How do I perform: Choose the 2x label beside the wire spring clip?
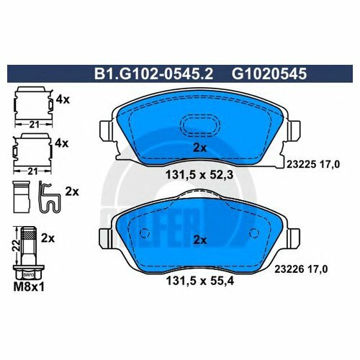tap(71, 192)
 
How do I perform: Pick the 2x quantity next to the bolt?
tap(48, 236)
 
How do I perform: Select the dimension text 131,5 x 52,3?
tap(199, 173)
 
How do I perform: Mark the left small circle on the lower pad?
tap(144, 233)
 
